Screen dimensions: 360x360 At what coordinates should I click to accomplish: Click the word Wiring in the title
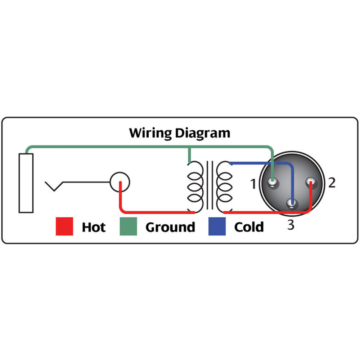(x=150, y=133)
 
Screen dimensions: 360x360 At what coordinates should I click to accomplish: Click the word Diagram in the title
(x=202, y=133)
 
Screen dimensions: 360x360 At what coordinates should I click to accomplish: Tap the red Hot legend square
(x=64, y=226)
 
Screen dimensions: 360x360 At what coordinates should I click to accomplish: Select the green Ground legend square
(x=128, y=226)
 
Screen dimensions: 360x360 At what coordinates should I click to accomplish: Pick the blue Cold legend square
(x=217, y=226)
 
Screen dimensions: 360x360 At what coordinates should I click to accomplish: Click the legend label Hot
(x=94, y=227)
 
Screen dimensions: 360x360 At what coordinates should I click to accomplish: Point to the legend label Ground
(x=170, y=227)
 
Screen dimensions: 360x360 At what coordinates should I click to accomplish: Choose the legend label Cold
(x=249, y=227)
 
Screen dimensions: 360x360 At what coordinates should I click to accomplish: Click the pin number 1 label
(x=253, y=184)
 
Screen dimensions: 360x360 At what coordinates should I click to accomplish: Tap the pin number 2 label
(x=332, y=183)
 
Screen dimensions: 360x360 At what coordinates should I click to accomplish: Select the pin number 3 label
(x=291, y=225)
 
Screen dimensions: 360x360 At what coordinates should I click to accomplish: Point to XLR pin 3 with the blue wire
(x=292, y=203)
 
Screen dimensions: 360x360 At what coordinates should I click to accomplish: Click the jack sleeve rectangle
(x=26, y=183)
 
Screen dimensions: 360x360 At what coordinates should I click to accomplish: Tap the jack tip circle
(x=120, y=182)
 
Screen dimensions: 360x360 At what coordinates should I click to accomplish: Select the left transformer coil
(x=195, y=186)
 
